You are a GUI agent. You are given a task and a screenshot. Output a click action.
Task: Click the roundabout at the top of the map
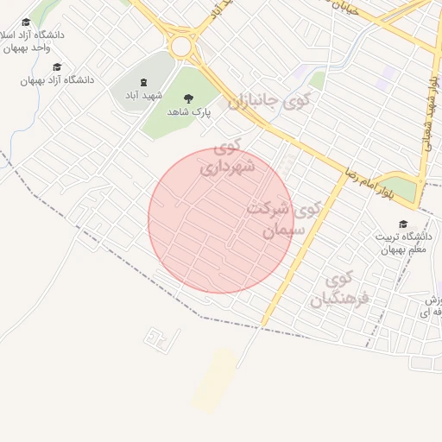pos(181,46)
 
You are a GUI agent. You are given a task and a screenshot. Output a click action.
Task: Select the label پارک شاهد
pos(189,112)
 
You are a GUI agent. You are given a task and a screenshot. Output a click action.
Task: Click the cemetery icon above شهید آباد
pos(143,81)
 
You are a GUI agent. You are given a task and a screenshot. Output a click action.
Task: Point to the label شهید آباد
pos(143,94)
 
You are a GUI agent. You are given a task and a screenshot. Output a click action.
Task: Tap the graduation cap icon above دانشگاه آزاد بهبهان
pos(57,66)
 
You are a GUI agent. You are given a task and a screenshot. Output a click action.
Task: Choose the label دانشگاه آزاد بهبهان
pos(58,80)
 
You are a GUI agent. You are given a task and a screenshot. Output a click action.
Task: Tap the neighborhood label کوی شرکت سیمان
pos(283,219)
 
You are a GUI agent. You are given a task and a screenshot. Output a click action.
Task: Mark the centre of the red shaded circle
pos(221,220)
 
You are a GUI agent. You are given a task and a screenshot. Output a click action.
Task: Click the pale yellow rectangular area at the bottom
pos(215,380)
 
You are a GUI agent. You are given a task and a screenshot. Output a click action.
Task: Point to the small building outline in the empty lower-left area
pos(158,339)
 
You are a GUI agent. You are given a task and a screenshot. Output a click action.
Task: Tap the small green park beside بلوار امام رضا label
pos(402,188)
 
